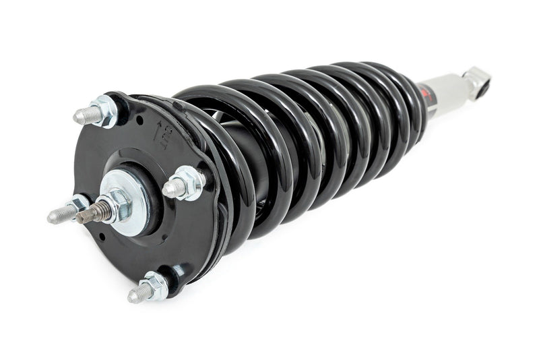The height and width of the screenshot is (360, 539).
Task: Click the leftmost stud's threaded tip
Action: click(x=56, y=216)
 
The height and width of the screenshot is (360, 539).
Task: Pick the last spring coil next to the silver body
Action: click(x=404, y=101)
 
